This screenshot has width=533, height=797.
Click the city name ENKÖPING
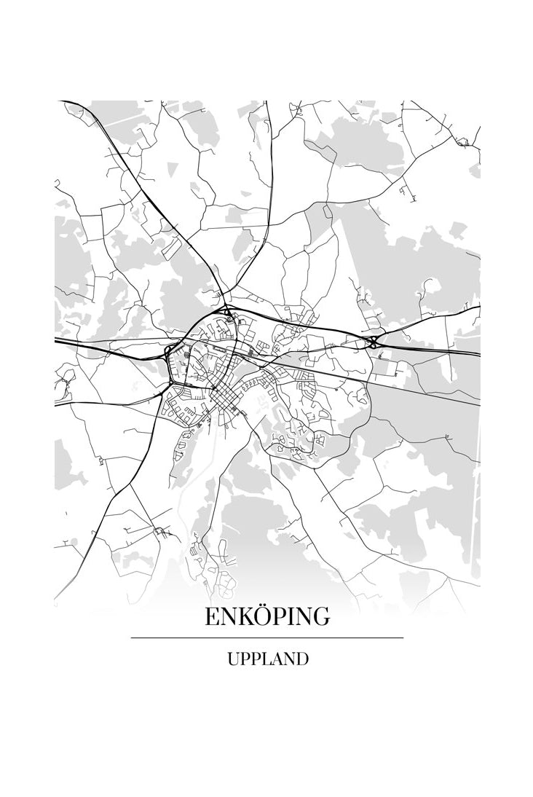(266, 617)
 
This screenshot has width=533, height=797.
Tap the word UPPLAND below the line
(267, 659)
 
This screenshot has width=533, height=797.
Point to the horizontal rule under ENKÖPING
(266, 637)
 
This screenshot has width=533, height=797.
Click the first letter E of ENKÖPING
(211, 617)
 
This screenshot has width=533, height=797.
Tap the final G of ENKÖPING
(321, 617)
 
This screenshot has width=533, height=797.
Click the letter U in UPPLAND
(232, 659)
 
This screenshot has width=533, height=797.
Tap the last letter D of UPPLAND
(302, 659)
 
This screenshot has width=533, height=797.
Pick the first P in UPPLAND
(244, 659)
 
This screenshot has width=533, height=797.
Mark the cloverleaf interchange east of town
(374, 341)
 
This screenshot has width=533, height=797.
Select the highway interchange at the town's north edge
(229, 315)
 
